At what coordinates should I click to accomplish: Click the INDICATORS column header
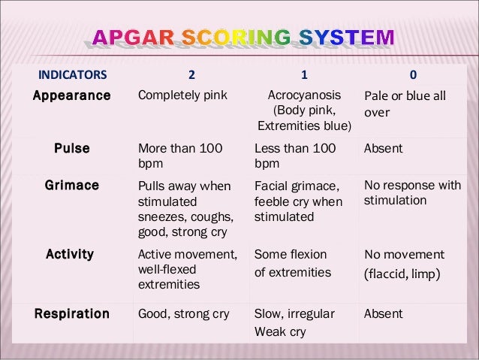point(72,74)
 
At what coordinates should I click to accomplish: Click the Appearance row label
point(72,96)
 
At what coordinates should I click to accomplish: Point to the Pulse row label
point(72,149)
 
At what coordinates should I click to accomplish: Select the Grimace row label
point(72,185)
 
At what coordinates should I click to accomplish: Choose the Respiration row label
point(72,313)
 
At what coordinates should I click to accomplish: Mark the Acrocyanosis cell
point(304,110)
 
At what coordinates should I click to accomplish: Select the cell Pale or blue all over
point(405,104)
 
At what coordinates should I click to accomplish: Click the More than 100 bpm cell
point(180,156)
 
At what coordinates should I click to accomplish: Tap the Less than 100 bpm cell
point(295,156)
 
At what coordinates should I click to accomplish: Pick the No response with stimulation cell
point(412,193)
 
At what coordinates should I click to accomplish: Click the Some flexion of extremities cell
point(293,262)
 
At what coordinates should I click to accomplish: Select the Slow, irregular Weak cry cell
point(294,322)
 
